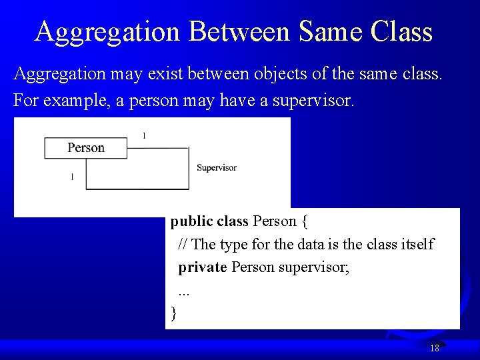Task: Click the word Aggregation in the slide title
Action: pos(107,31)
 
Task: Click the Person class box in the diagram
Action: pos(85,147)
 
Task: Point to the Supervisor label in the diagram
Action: pos(217,167)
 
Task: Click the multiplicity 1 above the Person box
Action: pos(144,135)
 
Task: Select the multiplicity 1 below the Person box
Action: pos(72,177)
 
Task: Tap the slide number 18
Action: pos(435,348)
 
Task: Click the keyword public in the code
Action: pos(191,221)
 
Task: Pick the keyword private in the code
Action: pos(203,267)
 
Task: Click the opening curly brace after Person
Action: pos(304,221)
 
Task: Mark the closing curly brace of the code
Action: pos(174,313)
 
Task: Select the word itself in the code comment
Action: pos(417,244)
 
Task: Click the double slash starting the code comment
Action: pos(183,244)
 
